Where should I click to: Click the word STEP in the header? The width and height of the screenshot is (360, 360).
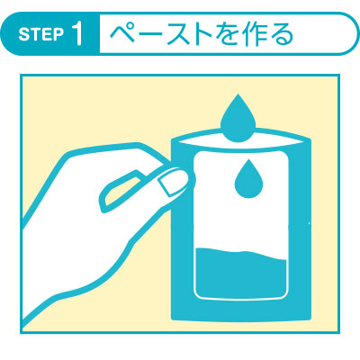(x=41, y=35)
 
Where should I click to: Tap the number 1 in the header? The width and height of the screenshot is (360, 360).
(x=76, y=34)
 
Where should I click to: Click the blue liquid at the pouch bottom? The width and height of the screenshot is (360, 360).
(x=241, y=274)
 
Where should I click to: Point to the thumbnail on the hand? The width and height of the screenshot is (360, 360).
(x=169, y=184)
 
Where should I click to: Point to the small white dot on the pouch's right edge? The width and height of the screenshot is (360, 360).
(x=310, y=223)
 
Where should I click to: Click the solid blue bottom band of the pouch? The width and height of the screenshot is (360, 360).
(x=241, y=310)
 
